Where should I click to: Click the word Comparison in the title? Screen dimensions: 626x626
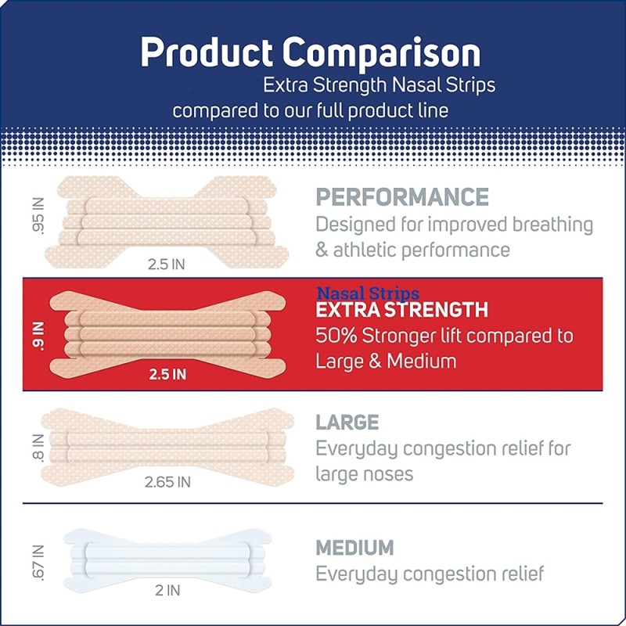coord(382,52)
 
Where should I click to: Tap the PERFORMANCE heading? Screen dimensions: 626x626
coord(402,196)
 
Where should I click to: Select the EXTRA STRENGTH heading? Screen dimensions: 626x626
coord(401,311)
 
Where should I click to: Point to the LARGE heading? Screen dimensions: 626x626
coord(347,423)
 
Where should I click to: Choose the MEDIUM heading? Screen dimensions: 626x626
coord(354,547)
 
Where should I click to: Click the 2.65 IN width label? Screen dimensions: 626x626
coord(167,482)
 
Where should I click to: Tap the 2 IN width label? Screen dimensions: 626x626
coord(167,591)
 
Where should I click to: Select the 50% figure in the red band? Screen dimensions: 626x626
coord(335,336)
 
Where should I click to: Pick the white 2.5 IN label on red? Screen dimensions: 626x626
coord(167,374)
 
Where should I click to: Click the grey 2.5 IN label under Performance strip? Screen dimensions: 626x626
coord(166,264)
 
